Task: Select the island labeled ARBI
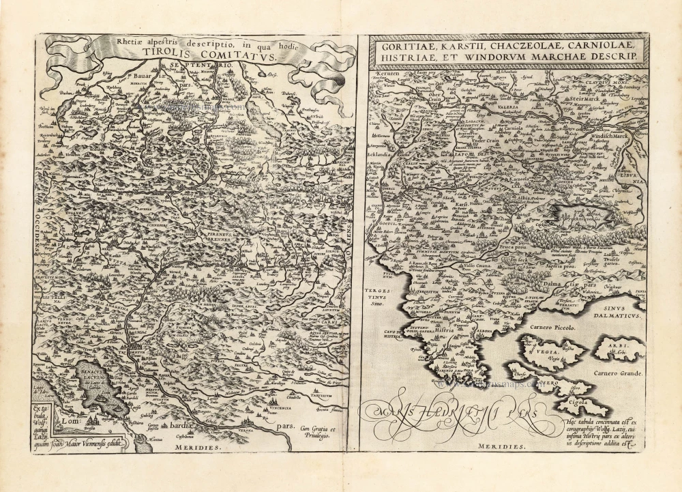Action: (617, 347)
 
